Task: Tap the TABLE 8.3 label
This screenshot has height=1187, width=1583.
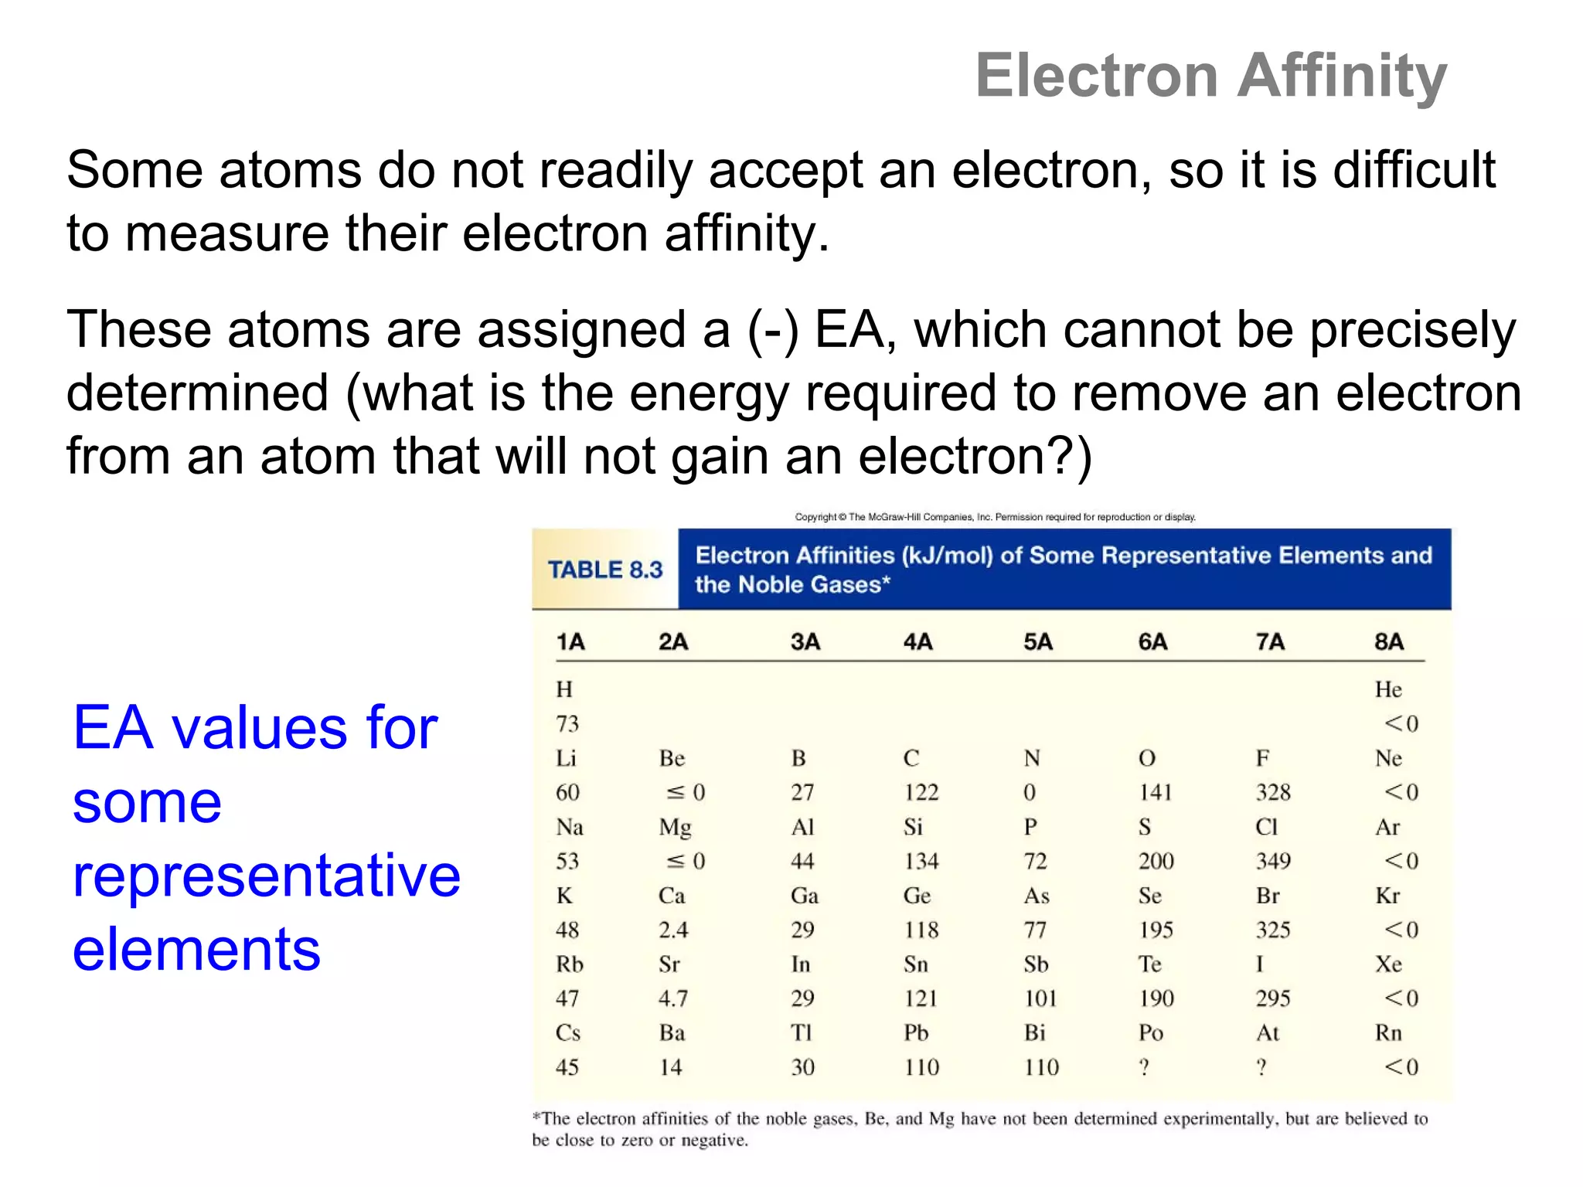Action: (605, 570)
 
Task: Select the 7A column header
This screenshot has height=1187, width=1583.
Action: (1270, 641)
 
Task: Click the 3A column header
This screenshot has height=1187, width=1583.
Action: (805, 641)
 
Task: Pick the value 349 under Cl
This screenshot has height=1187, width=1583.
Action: (1273, 861)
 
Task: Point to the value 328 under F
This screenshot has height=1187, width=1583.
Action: (1273, 792)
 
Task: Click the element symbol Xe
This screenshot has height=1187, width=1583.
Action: (1388, 964)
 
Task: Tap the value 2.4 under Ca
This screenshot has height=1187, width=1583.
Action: (672, 930)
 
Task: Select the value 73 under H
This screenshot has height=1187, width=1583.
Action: (567, 723)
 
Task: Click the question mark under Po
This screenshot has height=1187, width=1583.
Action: (1144, 1067)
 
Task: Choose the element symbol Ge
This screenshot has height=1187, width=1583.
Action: (917, 896)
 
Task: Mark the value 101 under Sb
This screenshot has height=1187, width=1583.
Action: (1040, 998)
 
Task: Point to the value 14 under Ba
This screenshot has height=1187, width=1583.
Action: (670, 1067)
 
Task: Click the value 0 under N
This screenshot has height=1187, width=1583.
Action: (1029, 792)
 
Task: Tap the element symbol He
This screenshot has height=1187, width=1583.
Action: (1388, 689)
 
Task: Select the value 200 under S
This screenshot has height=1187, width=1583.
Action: (1156, 861)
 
